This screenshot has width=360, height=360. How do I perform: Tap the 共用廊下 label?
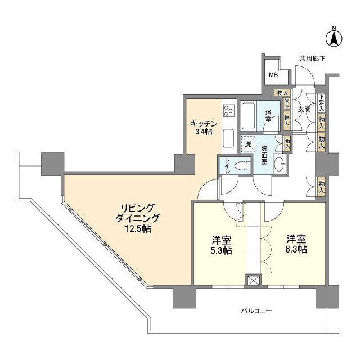[x=312, y=58]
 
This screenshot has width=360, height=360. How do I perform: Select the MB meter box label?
[x=272, y=75]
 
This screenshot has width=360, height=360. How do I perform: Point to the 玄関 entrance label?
[x=304, y=109]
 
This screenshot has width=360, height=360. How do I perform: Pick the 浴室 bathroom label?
[x=268, y=115]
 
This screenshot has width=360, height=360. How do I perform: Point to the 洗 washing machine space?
[x=248, y=144]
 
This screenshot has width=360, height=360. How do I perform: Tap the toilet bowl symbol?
[x=242, y=166]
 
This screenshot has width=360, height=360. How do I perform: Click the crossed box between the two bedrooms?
[x=254, y=280]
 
